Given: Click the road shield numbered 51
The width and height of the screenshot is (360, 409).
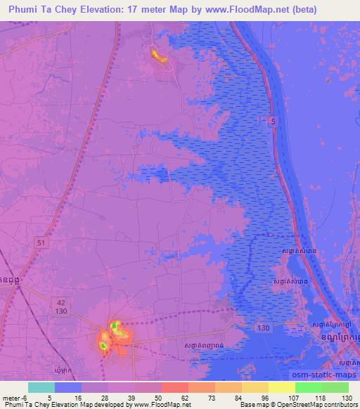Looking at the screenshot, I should point(40,241).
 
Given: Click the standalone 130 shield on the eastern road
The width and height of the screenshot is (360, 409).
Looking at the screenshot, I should point(263,327).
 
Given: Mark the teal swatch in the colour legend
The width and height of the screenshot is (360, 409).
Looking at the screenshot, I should point(41,387).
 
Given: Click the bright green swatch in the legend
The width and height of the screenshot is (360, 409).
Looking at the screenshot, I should point(309,387).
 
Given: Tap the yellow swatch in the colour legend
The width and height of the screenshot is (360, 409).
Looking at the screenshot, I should point(282,387).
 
